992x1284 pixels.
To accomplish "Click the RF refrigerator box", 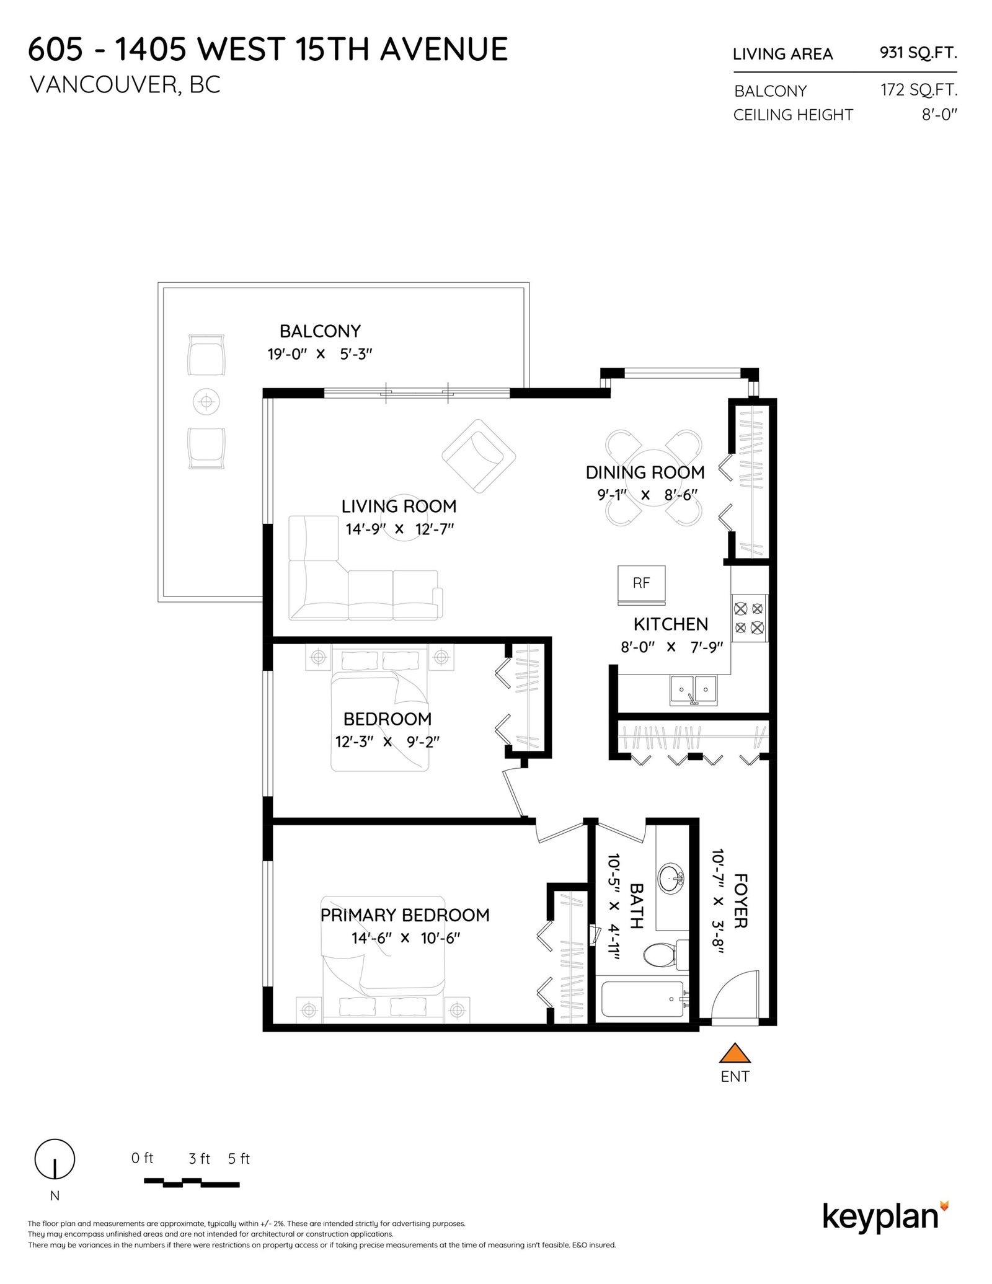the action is click(641, 585).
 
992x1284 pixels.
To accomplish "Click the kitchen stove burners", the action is click(749, 618).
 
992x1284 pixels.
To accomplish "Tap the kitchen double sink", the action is click(693, 690).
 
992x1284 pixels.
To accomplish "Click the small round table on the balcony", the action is click(206, 402).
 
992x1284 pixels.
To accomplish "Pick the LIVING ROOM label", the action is click(399, 506).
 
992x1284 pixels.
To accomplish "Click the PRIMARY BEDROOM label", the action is click(405, 915).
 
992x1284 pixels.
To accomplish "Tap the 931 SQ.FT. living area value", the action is click(918, 53).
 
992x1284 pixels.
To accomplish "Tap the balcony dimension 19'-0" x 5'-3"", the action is click(320, 355).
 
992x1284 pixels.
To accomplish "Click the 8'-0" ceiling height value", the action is click(939, 115).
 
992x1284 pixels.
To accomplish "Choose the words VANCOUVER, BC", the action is click(125, 85).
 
